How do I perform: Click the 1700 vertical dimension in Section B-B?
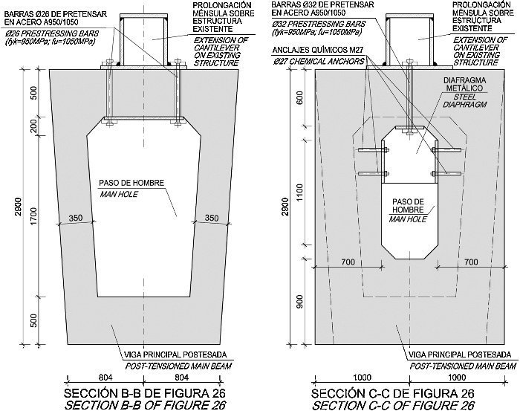(34, 216)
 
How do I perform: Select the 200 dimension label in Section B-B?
(34, 126)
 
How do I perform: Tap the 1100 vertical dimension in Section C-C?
(299, 193)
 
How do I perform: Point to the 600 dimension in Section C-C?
(299, 98)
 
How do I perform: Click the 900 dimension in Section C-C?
(299, 301)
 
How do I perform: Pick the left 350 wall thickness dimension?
(76, 218)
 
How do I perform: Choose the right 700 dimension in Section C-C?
(471, 262)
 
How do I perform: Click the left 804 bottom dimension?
(105, 377)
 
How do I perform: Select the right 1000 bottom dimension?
(457, 377)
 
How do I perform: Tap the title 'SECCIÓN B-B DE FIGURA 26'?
(145, 393)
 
